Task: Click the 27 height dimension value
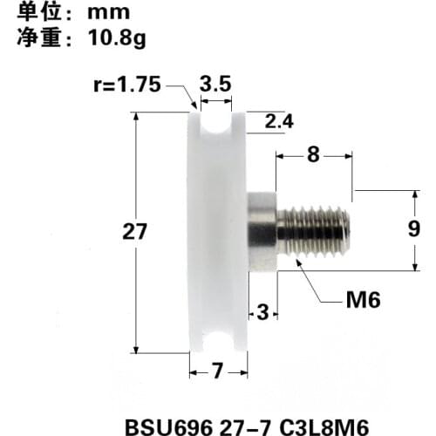133,232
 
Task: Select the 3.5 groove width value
215,85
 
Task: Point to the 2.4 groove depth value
278,122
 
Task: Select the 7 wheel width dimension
217,372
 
